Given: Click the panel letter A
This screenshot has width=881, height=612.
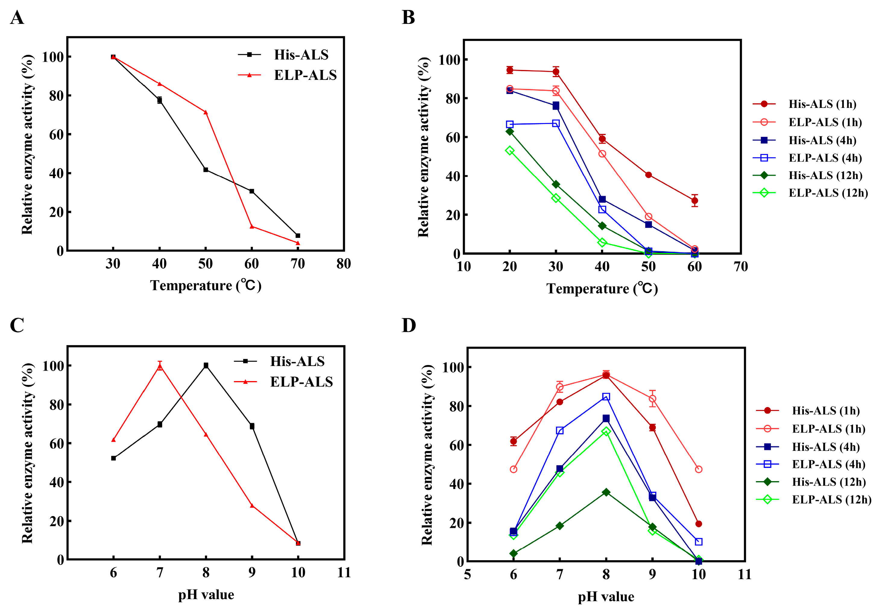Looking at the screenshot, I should coord(17,18).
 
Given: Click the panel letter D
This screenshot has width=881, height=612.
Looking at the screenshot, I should coord(409,325).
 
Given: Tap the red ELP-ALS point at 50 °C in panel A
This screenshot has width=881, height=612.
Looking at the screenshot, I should coord(206,112).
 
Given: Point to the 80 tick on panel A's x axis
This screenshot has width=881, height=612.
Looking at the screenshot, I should coord(344,263).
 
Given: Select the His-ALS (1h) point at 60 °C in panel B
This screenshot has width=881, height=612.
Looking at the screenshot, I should coord(694,200).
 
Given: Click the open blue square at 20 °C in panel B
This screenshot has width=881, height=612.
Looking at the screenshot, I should coord(509,124).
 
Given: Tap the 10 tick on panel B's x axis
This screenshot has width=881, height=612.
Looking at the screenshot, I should coord(464,266).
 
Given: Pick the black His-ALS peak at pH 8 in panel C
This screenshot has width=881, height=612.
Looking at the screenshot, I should coord(206,365).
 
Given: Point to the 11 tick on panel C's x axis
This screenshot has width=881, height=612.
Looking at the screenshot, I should coord(344,573).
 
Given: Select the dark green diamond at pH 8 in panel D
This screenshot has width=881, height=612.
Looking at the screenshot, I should coord(606,492).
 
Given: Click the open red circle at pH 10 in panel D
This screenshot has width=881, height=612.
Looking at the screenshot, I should coord(699,469).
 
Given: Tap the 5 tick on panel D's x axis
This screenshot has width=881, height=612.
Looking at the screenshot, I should coord(467,574).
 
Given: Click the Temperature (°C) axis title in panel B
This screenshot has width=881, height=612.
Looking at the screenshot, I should coord(602,288).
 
